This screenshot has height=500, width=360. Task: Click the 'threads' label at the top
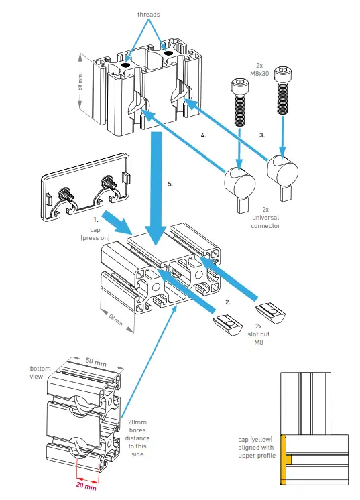pos(148,13)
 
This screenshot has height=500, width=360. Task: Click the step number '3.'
pos(263,135)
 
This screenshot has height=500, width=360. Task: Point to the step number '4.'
pos(203,135)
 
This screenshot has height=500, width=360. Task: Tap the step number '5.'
pos(170,183)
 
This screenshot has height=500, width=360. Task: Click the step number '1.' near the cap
pos(96,219)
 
